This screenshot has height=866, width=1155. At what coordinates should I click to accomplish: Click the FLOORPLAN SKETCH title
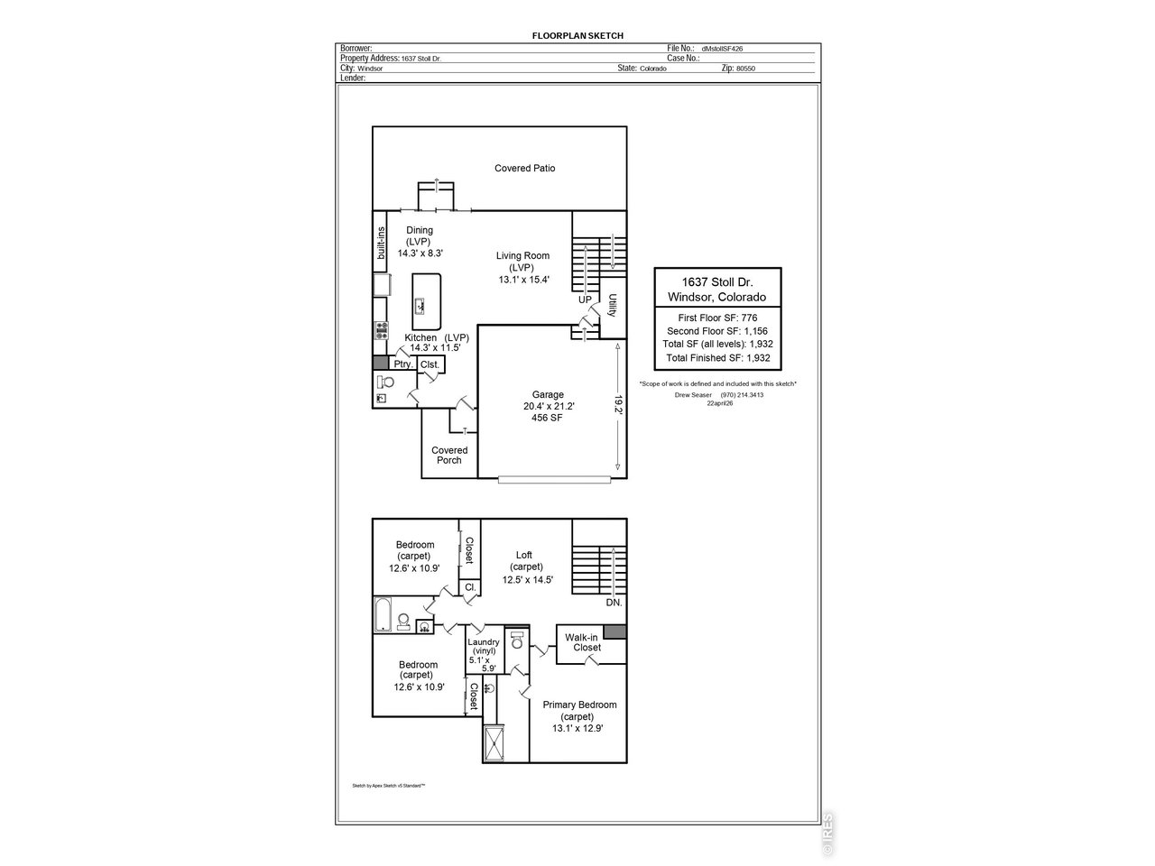[577, 36]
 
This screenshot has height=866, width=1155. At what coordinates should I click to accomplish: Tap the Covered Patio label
[524, 169]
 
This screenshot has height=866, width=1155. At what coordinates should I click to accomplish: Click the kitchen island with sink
[426, 301]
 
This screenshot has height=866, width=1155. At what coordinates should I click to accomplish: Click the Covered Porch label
[449, 455]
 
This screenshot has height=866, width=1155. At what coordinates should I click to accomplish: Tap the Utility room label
[612, 306]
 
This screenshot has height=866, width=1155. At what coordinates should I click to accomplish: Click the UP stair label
[585, 299]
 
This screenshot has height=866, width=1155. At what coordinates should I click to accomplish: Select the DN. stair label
[614, 602]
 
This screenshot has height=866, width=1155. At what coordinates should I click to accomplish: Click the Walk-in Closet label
[583, 642]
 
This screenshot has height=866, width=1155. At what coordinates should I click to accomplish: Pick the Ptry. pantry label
[403, 364]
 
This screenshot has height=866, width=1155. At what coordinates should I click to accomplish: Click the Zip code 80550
[745, 69]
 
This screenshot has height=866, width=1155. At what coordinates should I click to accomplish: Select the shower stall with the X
[494, 743]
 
